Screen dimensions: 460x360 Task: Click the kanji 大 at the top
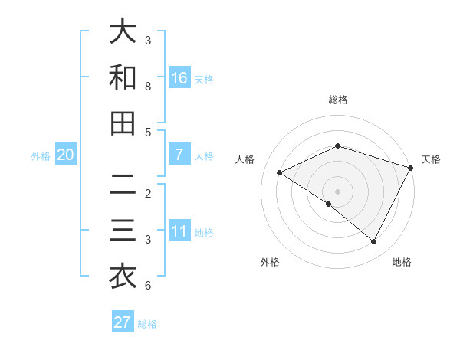coord(123,31)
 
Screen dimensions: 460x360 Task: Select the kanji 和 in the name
coord(123,77)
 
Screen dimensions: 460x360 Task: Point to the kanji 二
coord(123,185)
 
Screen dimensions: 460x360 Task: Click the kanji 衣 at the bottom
coord(123,277)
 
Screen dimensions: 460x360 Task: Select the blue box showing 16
coord(179,78)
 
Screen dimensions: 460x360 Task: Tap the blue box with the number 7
coord(179,155)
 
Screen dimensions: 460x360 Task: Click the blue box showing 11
coord(179,231)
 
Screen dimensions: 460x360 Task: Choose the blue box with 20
coord(66,155)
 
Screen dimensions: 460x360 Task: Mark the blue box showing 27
coord(123,322)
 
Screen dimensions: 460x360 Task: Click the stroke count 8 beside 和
coord(148,87)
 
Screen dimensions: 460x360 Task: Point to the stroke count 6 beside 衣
coord(148,286)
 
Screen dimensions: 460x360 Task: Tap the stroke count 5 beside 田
coord(148,132)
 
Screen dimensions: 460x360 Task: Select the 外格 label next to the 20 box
coord(41,155)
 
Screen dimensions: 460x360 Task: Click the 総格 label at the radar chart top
coord(338,100)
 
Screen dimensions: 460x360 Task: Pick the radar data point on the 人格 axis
coord(280,173)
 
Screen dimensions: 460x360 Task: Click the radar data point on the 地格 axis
coord(374,241)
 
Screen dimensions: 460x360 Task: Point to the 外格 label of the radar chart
coord(270,262)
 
